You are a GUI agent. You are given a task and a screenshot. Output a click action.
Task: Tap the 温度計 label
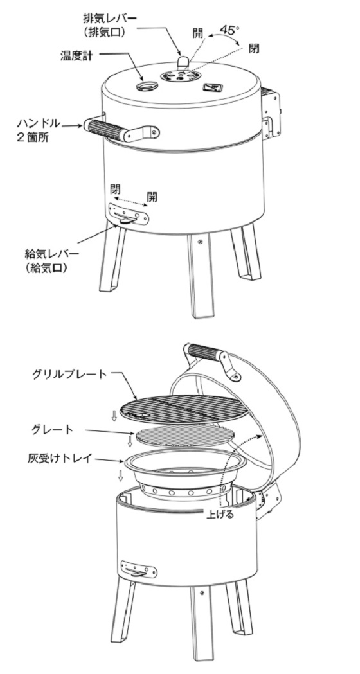(76, 57)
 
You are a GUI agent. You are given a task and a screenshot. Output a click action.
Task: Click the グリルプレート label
(69, 374)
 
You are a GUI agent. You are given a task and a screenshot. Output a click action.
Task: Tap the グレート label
(52, 429)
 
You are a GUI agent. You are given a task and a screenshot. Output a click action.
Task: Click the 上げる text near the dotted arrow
(220, 514)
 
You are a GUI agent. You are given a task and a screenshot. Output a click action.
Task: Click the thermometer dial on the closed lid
(146, 86)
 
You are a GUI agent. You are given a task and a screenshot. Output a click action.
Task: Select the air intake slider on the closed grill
(129, 213)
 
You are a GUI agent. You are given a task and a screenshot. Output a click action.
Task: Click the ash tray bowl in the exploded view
(185, 473)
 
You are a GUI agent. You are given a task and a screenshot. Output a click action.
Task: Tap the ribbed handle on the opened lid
(204, 353)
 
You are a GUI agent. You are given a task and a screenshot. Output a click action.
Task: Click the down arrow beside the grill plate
(114, 416)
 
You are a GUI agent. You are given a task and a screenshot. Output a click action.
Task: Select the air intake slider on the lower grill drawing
(139, 570)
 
